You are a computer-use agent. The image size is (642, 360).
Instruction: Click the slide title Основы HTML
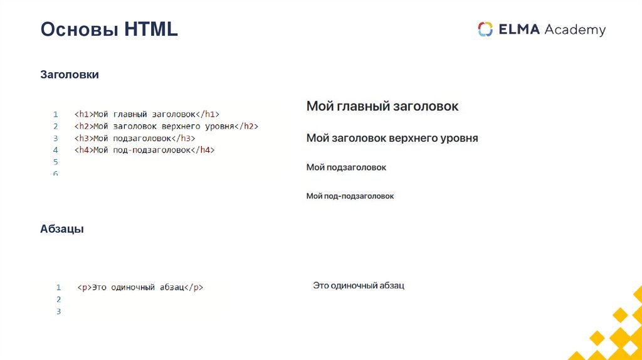(x=109, y=29)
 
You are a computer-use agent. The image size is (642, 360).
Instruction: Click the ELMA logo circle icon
(x=485, y=29)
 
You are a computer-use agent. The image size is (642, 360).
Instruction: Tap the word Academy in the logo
(x=575, y=29)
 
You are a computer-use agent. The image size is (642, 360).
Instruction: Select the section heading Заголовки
(x=70, y=75)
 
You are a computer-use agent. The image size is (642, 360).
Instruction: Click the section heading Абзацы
(x=62, y=230)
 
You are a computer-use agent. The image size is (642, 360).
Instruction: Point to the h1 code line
(x=147, y=114)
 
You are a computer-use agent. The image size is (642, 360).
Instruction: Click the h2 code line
(x=166, y=126)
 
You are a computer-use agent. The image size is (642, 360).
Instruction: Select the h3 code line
(x=135, y=138)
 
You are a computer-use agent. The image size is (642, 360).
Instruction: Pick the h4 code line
(x=144, y=150)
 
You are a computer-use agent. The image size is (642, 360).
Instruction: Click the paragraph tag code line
(x=140, y=287)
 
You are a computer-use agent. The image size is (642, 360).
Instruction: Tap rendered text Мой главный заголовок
(x=382, y=106)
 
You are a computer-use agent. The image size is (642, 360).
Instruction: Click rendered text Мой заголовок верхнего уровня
(x=392, y=138)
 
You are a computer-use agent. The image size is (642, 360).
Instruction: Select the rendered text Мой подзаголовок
(x=346, y=167)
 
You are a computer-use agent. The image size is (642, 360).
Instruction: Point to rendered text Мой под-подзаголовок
(x=350, y=196)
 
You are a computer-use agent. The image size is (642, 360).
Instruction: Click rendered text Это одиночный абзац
(x=359, y=285)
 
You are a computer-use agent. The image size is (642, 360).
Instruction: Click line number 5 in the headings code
(x=56, y=162)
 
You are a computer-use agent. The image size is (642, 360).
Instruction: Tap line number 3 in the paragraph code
(x=58, y=311)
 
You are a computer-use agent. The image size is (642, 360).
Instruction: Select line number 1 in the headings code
(x=56, y=114)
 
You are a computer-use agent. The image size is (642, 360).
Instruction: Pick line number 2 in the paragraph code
(x=58, y=299)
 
